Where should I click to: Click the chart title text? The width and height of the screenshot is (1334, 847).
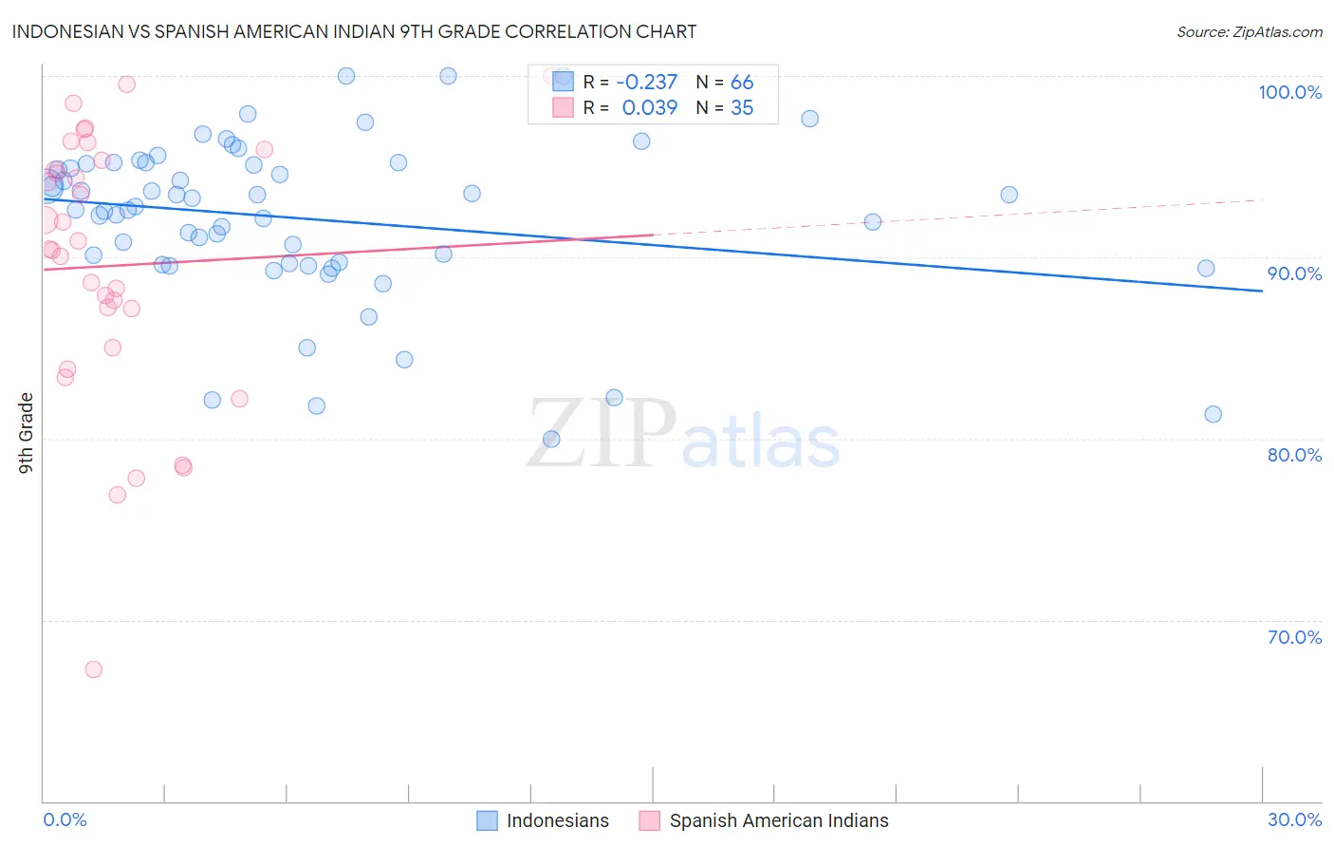[x=354, y=31]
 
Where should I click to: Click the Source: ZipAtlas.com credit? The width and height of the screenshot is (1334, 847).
[x=1249, y=31]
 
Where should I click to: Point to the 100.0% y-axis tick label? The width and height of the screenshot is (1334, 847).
[x=1289, y=92]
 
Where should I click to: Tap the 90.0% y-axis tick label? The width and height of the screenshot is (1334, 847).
[x=1294, y=273]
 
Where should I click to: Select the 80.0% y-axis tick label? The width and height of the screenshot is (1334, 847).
[x=1294, y=455]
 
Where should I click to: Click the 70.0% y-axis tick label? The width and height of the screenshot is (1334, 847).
[x=1294, y=637]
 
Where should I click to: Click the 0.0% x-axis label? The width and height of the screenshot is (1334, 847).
[x=65, y=819]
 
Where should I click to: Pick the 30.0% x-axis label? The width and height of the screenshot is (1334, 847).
[x=1294, y=819]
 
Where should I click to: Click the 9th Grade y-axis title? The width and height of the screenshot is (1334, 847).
[x=26, y=432]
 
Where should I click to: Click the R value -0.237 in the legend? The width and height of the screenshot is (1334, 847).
[x=647, y=83]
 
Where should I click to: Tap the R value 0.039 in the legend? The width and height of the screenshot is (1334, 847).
[x=650, y=108]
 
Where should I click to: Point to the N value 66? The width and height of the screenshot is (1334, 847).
[x=742, y=83]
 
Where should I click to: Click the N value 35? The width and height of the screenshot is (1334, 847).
[x=742, y=108]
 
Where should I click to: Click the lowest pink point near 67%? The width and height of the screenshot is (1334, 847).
[x=93, y=669]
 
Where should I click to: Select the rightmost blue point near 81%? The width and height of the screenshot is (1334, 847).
[x=1213, y=414]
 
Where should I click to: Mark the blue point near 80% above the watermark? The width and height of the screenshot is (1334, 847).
[x=551, y=439]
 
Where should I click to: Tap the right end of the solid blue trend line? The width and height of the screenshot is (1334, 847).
[x=1262, y=291]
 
